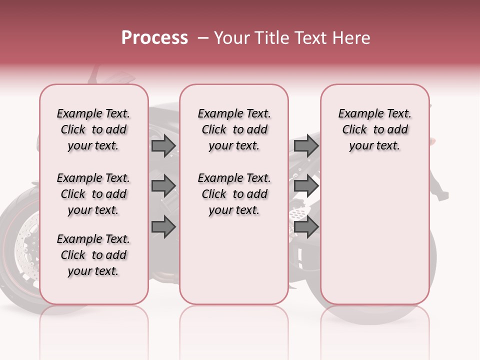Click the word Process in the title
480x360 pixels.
click(x=154, y=38)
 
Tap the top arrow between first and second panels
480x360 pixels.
click(x=163, y=146)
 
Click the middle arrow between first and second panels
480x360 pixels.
click(x=163, y=186)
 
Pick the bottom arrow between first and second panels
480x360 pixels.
click(x=163, y=226)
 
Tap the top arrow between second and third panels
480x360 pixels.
click(x=306, y=146)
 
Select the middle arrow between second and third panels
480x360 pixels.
click(x=306, y=186)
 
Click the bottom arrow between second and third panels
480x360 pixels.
click(x=306, y=226)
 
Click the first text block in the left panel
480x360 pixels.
click(x=93, y=129)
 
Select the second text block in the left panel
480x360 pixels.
click(x=93, y=194)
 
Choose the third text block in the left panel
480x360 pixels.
click(x=93, y=255)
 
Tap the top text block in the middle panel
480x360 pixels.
click(x=234, y=129)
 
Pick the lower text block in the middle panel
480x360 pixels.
click(x=234, y=194)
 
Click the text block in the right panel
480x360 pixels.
click(x=375, y=129)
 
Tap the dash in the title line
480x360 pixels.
click(x=203, y=38)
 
